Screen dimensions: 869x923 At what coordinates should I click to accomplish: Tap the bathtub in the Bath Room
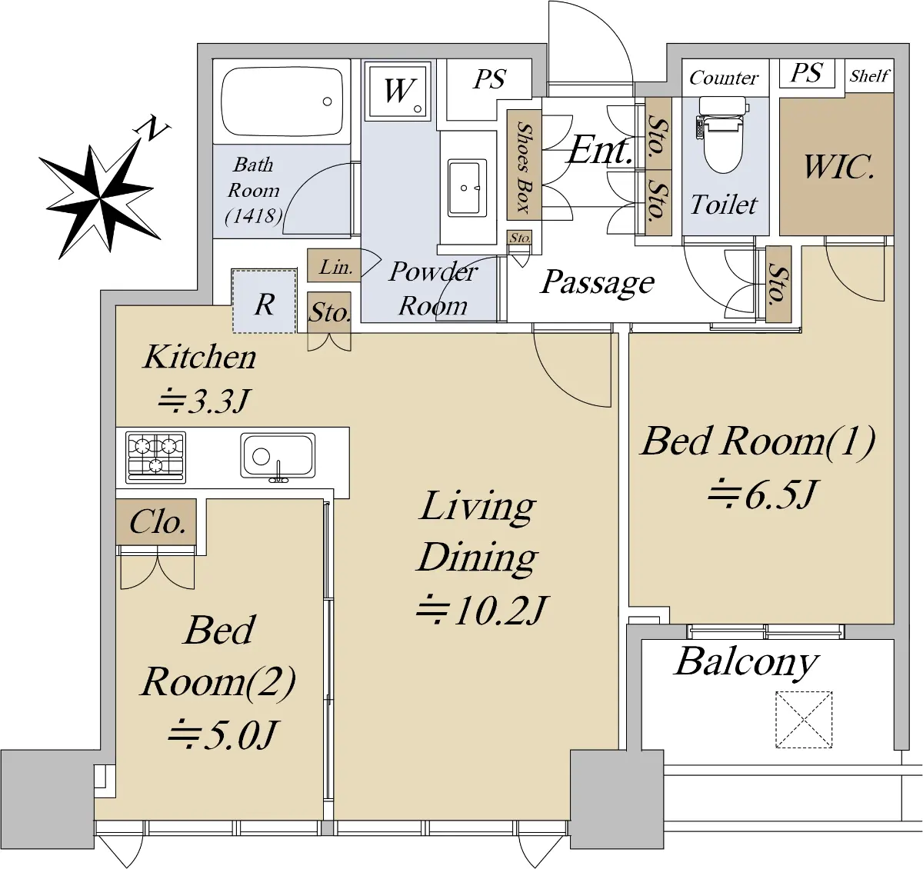coord(282,102)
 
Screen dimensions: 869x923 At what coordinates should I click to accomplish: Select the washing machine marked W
coord(399,91)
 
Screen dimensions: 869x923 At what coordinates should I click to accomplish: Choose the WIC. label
coord(838,166)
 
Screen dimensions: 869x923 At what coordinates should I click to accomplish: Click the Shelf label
coord(869,76)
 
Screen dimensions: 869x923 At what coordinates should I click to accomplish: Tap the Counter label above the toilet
coord(724,78)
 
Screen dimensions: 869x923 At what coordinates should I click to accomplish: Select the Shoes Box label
coord(524,166)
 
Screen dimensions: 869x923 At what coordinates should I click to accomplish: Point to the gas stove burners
coord(156,455)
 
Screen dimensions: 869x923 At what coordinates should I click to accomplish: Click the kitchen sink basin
coord(278,455)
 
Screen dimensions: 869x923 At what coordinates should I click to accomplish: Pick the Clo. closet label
coord(157,522)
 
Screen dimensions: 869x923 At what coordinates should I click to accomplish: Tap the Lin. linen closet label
coord(335,267)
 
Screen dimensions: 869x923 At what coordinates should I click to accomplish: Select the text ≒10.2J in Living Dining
coord(481,611)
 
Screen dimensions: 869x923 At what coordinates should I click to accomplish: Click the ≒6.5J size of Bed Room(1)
coord(761,494)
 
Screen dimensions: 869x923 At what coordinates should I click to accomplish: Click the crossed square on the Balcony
coord(804,719)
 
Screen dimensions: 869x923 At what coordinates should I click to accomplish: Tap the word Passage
coord(598,282)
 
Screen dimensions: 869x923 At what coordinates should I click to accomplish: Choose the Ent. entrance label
coord(600,150)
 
